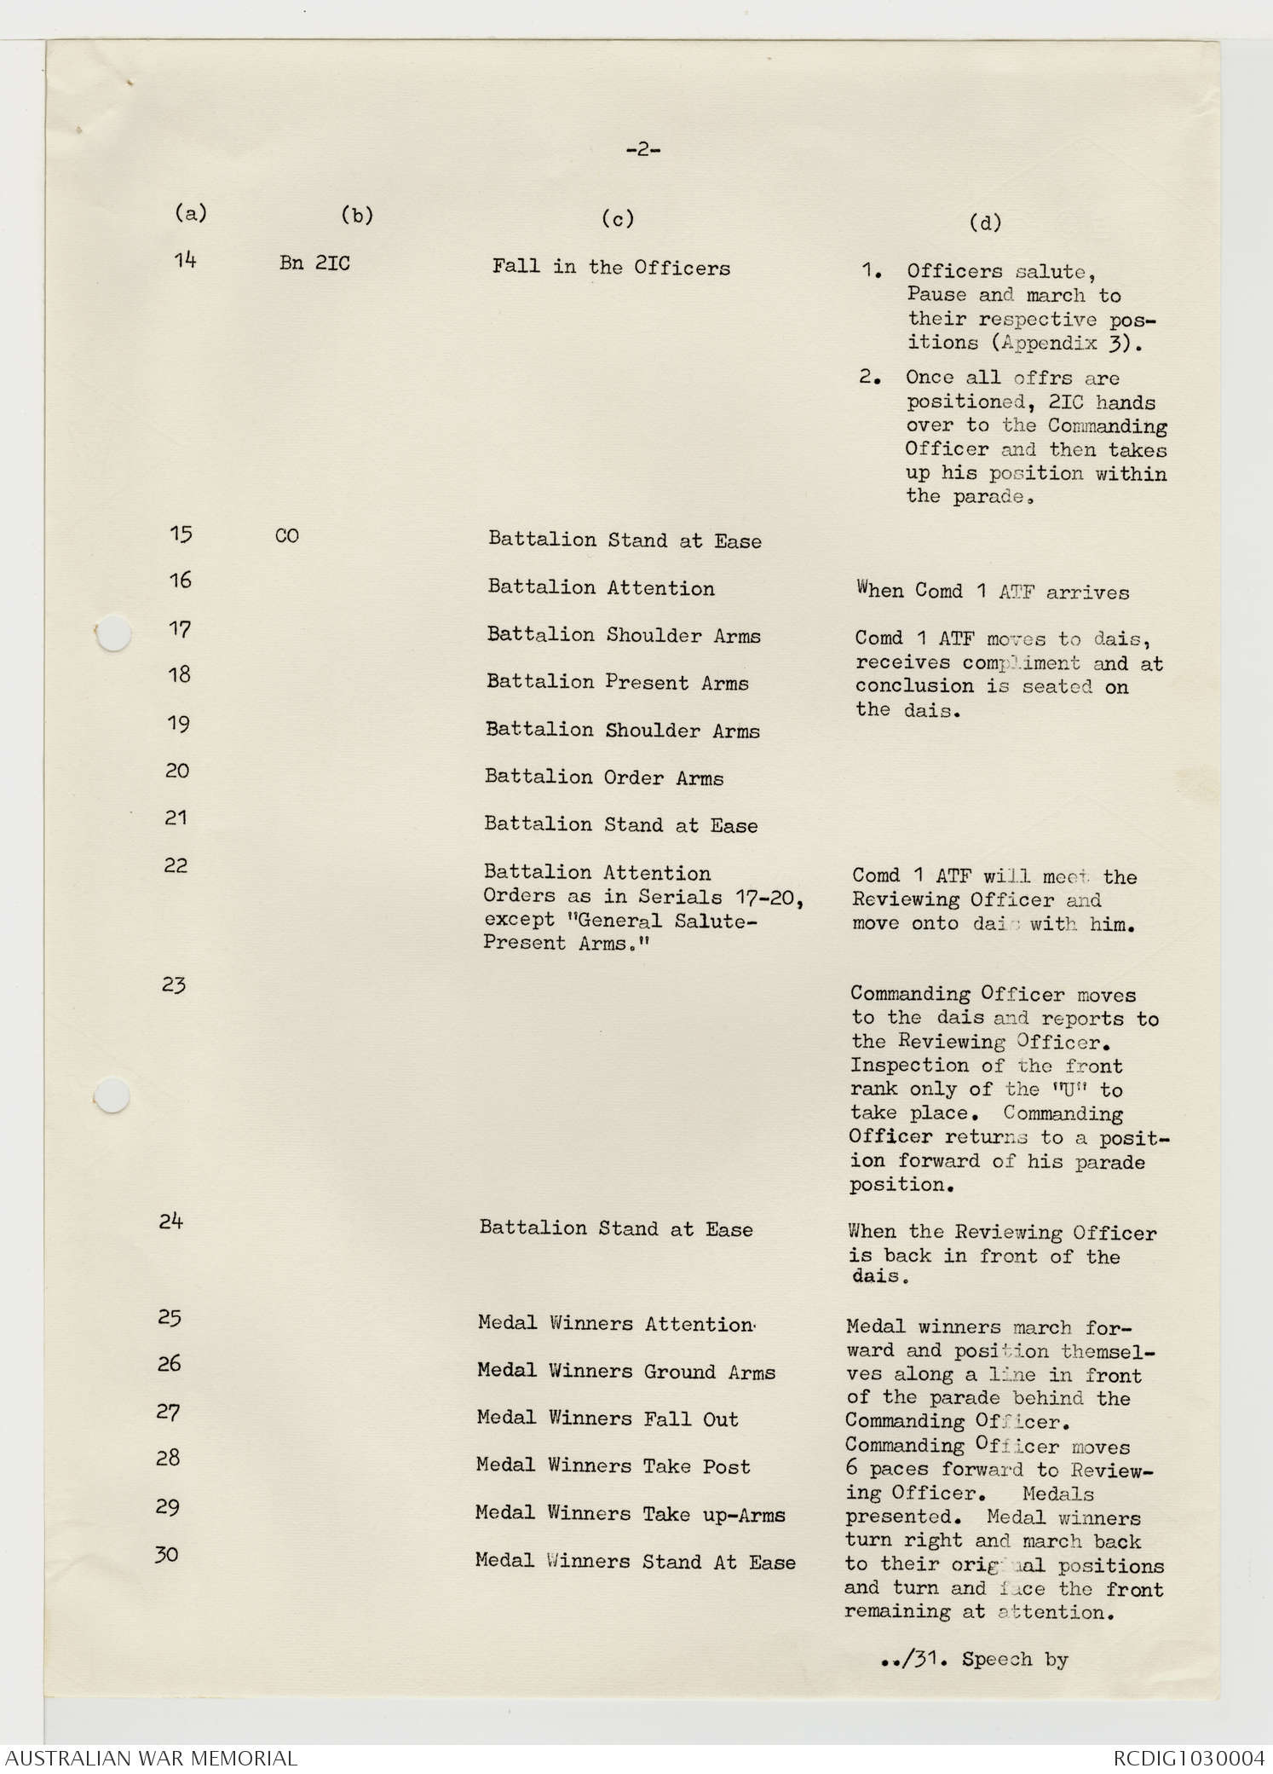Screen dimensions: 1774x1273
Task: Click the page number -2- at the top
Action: pyautogui.click(x=643, y=151)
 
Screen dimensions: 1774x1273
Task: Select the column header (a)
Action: pyautogui.click(x=190, y=213)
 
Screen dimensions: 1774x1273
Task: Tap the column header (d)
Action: pyautogui.click(x=985, y=223)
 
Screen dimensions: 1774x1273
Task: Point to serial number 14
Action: pyautogui.click(x=185, y=260)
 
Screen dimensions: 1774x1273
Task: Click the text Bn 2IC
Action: pyautogui.click(x=314, y=263)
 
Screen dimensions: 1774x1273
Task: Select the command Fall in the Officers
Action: pyautogui.click(x=611, y=268)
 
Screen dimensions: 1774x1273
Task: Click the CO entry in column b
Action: pyautogui.click(x=287, y=537)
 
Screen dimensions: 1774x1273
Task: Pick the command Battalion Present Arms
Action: pyautogui.click(x=617, y=683)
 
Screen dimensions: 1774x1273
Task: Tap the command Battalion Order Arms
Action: pyautogui.click(x=603, y=777)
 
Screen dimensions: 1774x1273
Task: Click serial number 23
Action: pyautogui.click(x=174, y=985)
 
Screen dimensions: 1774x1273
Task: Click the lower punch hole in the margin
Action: pyautogui.click(x=112, y=1096)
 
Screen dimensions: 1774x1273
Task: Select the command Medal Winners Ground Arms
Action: pyautogui.click(x=626, y=1372)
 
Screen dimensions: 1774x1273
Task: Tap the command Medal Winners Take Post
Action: pyautogui.click(x=613, y=1466)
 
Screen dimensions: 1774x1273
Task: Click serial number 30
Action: pyautogui.click(x=167, y=1554)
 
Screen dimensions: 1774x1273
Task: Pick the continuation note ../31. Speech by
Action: pyautogui.click(x=975, y=1659)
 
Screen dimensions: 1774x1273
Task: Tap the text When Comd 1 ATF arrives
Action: pyautogui.click(x=993, y=591)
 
